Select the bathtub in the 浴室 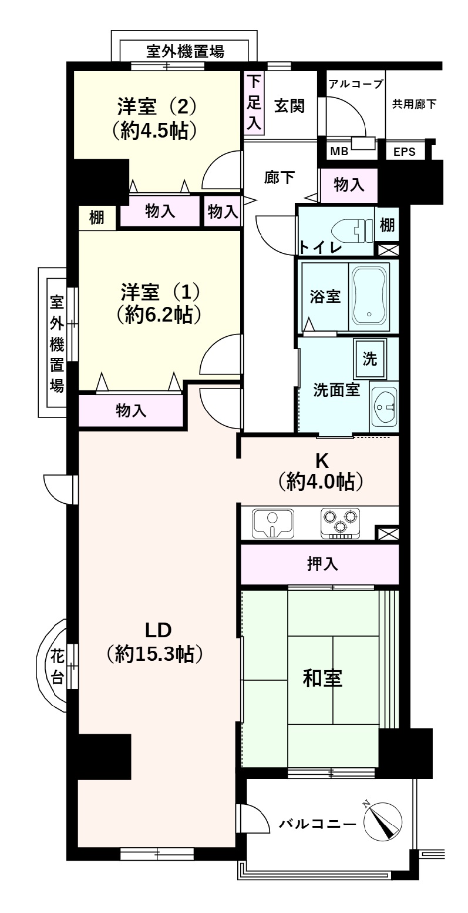pos(369,296)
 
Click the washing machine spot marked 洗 pos(370,359)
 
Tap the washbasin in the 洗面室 pos(385,406)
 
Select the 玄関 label pos(289,106)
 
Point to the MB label pos(339,151)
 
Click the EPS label pos(404,152)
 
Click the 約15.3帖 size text pos(155,654)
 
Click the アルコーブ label pos(355,83)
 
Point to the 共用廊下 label pos(415,104)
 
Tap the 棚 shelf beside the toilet pos(386,224)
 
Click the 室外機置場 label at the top pos(184,51)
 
